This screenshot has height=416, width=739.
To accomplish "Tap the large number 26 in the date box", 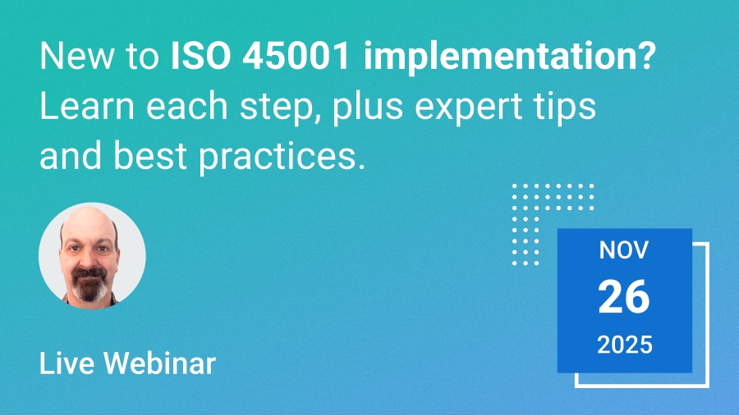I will (624, 297).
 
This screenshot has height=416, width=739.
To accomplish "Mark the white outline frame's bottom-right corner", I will (708, 385).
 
